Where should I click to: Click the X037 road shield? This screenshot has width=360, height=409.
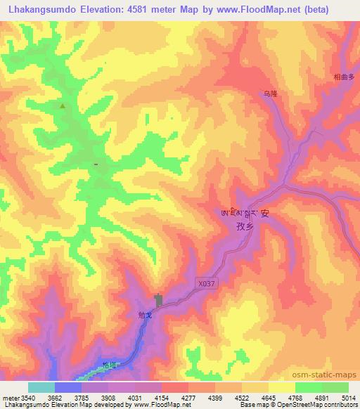point(202,283)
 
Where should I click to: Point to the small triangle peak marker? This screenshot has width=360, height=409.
point(63,106)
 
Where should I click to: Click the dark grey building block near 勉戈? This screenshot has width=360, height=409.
point(159,301)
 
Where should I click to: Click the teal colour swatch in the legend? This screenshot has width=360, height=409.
point(41,387)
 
